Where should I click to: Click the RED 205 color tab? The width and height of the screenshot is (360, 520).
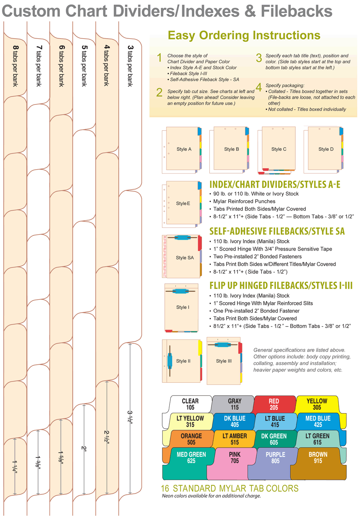pos(274,404)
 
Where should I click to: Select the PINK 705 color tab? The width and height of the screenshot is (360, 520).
pos(234,458)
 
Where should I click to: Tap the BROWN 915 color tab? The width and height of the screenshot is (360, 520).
pos(318,458)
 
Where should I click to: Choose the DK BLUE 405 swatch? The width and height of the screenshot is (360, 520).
pos(234,421)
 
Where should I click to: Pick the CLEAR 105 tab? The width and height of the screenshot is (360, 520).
pos(190,404)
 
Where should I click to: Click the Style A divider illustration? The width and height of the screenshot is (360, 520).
pos(182,150)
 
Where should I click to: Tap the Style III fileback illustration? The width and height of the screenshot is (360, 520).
pos(224,361)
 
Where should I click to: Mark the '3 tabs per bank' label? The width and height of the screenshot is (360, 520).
pos(130,66)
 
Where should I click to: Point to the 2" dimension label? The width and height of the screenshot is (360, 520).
pos(84,448)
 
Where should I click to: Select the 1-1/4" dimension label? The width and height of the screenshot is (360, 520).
pos(15,466)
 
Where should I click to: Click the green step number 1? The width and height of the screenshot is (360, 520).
pos(159,58)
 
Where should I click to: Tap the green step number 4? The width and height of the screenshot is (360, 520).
pos(259,87)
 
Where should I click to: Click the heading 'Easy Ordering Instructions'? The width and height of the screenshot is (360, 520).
pos(244,35)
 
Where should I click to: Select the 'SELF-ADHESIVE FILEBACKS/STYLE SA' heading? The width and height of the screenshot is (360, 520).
pos(277,231)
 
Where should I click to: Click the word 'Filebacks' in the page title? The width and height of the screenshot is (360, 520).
pos(296,11)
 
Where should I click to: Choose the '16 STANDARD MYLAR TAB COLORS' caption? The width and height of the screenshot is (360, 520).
pos(230,488)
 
